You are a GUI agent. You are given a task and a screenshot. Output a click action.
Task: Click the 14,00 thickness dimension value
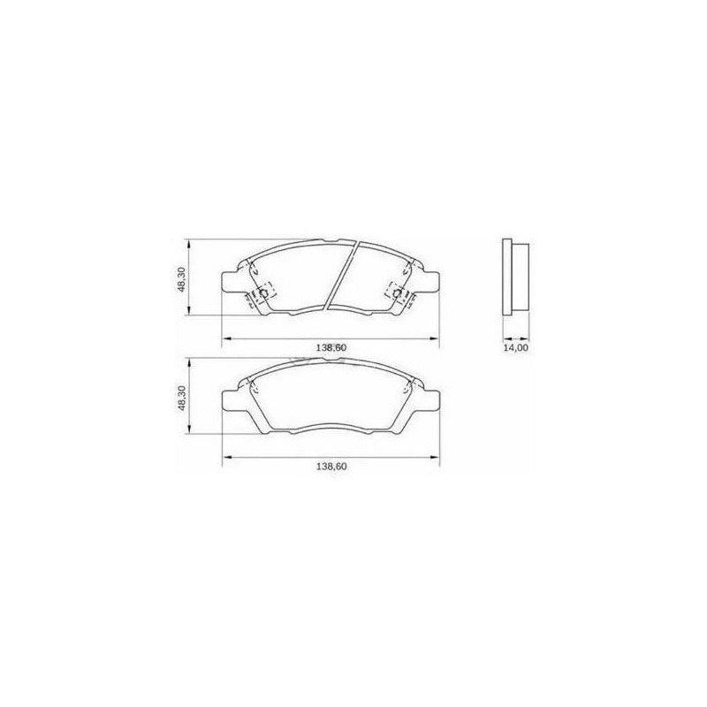(515, 348)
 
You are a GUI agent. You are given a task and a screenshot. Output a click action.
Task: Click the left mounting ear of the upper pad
(229, 282)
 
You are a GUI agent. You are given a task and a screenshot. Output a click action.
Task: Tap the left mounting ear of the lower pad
(229, 402)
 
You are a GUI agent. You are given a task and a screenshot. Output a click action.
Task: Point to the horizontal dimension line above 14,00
(515, 338)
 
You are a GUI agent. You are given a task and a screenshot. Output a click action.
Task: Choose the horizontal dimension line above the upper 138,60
(330, 338)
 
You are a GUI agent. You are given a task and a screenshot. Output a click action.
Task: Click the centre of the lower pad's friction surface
(330, 395)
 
